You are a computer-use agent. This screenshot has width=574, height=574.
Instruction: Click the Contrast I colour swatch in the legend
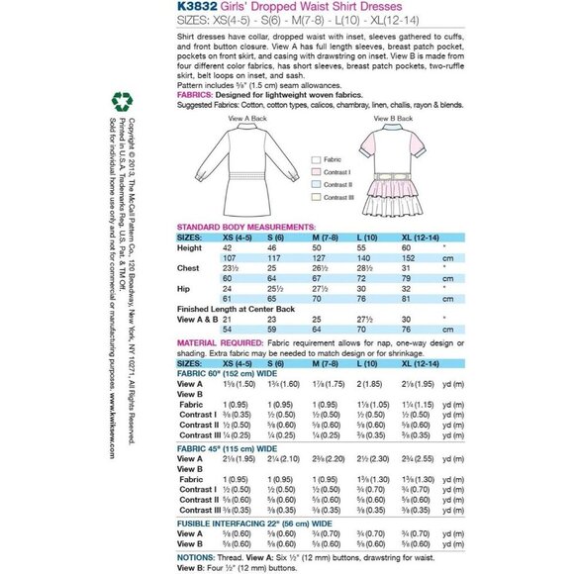[x=316, y=171]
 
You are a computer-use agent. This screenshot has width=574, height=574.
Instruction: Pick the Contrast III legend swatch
[x=316, y=198]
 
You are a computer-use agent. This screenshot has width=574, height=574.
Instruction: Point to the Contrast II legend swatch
[x=316, y=184]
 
